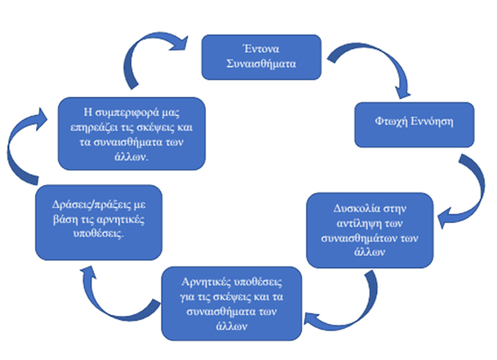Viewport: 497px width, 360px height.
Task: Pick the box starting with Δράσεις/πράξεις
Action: coord(98,221)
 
